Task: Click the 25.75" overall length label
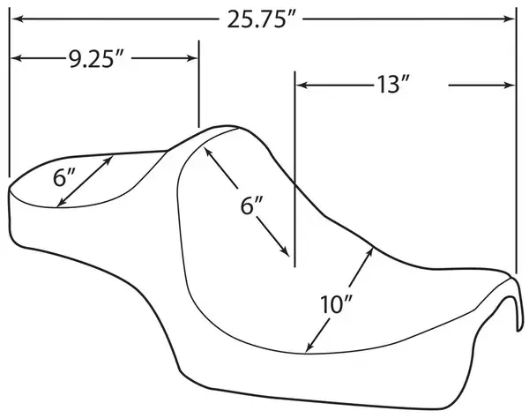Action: tap(262, 19)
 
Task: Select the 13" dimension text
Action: tap(392, 84)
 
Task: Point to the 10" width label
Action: tap(336, 304)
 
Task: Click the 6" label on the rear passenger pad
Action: tap(64, 177)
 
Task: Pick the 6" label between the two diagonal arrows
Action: tap(251, 205)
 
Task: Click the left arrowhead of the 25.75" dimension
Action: tap(18, 19)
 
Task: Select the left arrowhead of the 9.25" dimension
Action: tap(18, 59)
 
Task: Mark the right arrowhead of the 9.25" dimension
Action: tap(191, 59)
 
